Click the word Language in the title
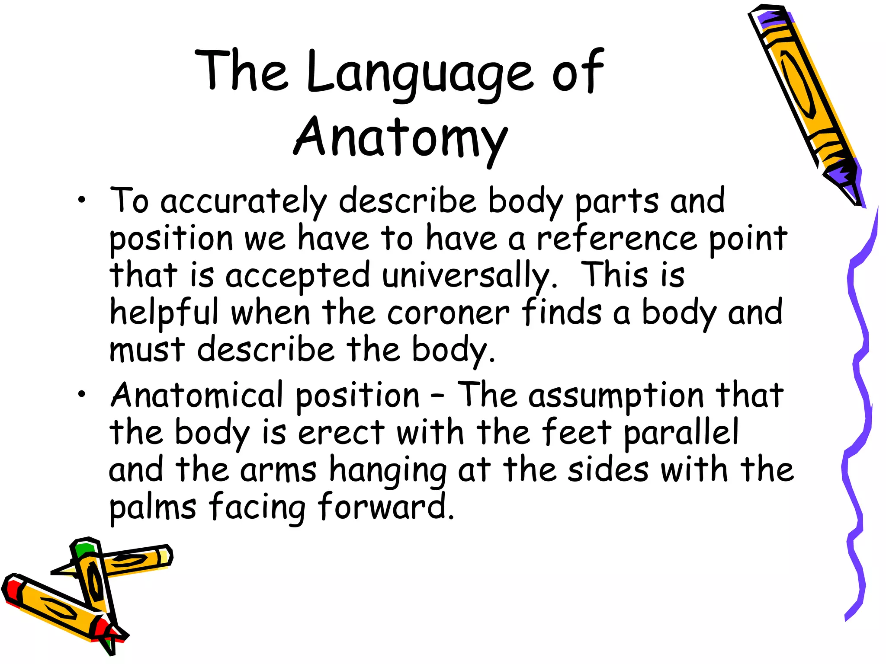click(420, 73)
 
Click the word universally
click(469, 276)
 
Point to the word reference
click(617, 239)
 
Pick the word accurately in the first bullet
click(244, 201)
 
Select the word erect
click(341, 432)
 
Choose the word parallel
click(681, 432)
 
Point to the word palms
click(153, 508)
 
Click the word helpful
click(164, 313)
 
